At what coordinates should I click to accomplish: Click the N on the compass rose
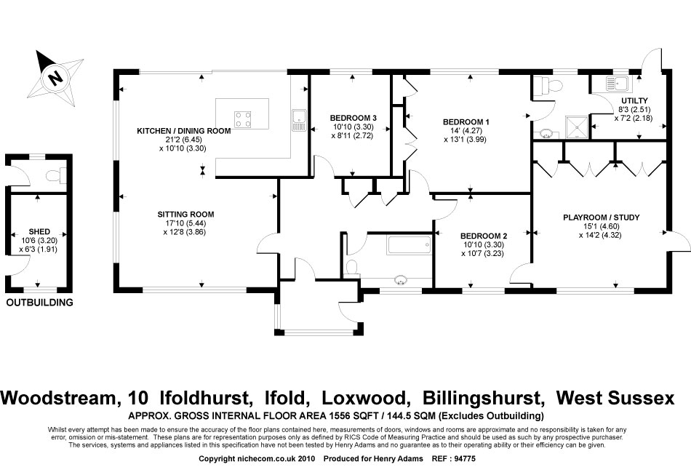click(x=55, y=78)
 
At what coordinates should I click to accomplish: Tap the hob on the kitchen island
click(x=243, y=119)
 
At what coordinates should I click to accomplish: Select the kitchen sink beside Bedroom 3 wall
click(x=299, y=120)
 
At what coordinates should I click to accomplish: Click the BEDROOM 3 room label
click(x=353, y=118)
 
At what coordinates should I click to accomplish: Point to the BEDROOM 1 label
click(x=466, y=122)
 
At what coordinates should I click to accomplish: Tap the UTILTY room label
click(x=634, y=101)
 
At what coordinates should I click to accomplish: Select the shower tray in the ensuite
click(x=576, y=127)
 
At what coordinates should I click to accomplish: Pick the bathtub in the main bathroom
click(x=410, y=245)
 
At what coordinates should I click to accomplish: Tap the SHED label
click(x=39, y=232)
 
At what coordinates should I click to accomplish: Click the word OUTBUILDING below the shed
click(x=40, y=303)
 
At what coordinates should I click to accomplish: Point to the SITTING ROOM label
click(x=185, y=215)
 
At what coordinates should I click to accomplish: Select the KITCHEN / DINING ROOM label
click(x=184, y=131)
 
